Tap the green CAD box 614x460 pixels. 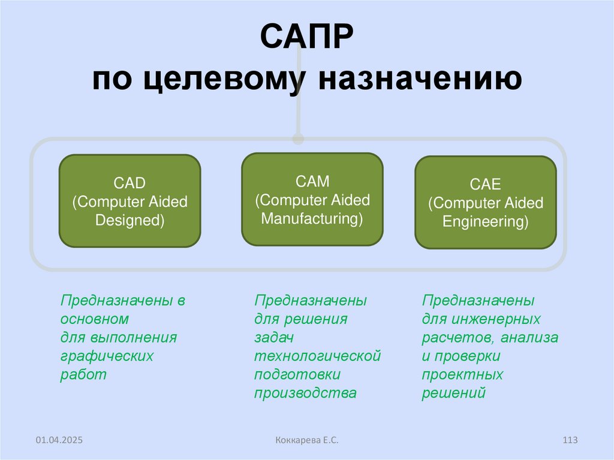(x=130, y=201)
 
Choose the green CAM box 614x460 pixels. (x=312, y=199)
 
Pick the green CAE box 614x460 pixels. (x=485, y=202)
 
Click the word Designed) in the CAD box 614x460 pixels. (x=130, y=220)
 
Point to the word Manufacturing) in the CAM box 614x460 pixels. (x=312, y=218)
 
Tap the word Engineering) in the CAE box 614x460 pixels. (x=486, y=222)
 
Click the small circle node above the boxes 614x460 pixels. (x=298, y=139)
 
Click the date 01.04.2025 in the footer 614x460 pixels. (x=59, y=441)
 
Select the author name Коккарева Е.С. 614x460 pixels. (x=306, y=441)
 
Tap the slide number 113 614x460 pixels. (x=570, y=441)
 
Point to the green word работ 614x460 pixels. (x=83, y=375)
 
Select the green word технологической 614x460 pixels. (x=318, y=356)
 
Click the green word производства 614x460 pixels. (x=305, y=393)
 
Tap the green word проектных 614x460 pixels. (x=462, y=375)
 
